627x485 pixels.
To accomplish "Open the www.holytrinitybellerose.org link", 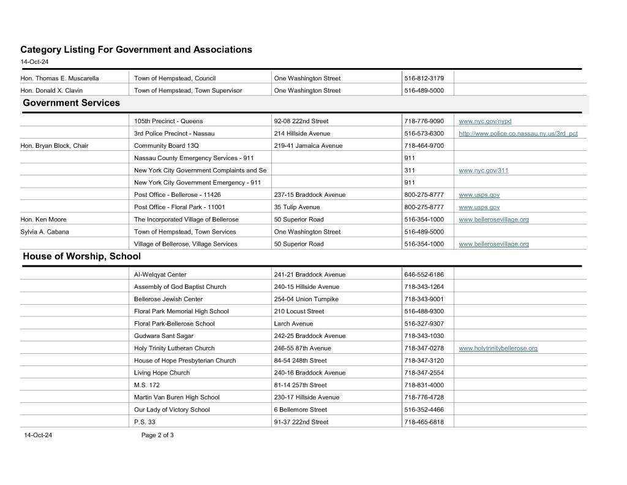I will point(498,348).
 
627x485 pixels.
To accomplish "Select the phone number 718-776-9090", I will point(424,121).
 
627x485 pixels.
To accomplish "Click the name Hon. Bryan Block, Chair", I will point(54,146).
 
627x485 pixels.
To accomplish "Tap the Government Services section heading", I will point(71,103).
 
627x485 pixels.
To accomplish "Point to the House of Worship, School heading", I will point(81,256).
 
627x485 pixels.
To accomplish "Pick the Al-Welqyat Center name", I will point(160,275).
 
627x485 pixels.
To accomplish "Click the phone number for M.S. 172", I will point(424,385).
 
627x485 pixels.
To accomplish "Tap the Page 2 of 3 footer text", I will point(157,435).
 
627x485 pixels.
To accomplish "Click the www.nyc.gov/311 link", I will point(483,170).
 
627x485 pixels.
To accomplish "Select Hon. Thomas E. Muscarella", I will point(59,78).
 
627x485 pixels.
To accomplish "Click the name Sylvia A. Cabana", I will point(45,232).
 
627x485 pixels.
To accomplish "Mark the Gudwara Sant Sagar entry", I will point(163,336).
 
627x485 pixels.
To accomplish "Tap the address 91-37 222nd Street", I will point(301,422).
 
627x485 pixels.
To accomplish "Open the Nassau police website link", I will point(518,134).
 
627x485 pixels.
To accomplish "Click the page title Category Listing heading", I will point(136,49).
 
